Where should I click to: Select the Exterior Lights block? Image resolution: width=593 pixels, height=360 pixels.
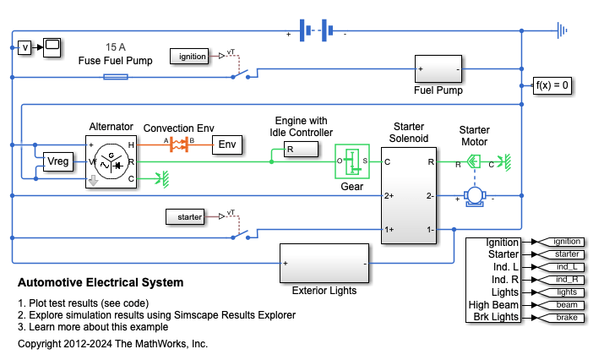325,264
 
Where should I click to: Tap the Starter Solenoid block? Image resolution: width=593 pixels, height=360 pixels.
409,194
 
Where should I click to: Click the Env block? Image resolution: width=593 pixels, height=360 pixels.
226,145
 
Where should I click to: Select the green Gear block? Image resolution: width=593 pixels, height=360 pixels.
352,160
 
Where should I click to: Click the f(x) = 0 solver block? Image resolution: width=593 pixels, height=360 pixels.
554,85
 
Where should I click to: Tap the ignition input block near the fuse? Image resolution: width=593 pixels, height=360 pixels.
194,56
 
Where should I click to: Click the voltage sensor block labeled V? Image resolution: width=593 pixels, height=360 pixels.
24,47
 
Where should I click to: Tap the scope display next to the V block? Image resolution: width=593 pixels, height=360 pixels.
51,46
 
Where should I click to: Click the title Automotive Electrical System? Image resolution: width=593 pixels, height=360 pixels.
101,282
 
